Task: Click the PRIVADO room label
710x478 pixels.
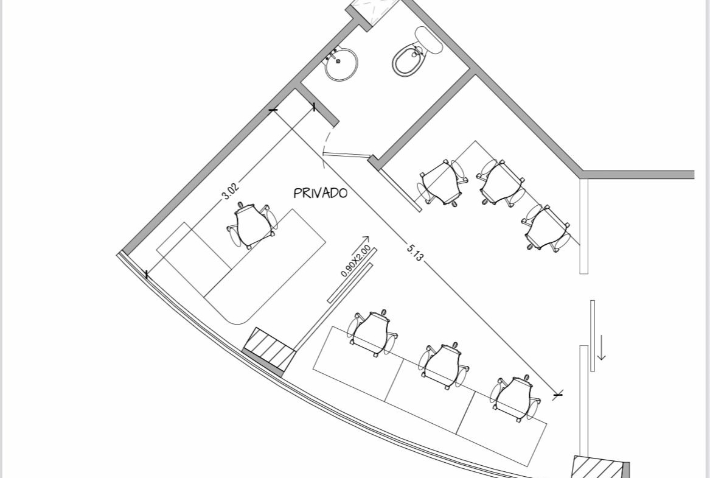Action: (x=321, y=193)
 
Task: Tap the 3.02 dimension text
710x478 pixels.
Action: (x=230, y=191)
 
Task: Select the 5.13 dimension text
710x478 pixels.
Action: (x=415, y=252)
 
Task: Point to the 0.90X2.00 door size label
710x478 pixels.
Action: (x=355, y=261)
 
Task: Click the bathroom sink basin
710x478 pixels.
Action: (x=341, y=64)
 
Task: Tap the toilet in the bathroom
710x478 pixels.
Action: (x=414, y=52)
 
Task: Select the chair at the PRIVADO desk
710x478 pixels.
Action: (x=252, y=225)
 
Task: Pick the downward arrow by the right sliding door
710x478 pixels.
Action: (x=601, y=348)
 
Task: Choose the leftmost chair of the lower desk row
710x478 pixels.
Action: (x=373, y=333)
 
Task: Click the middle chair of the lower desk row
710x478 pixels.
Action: (x=444, y=366)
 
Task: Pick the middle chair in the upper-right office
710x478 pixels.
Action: (x=501, y=183)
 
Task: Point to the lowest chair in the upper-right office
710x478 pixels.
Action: (x=546, y=228)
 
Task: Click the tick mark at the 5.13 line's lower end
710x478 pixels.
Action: (x=558, y=395)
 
